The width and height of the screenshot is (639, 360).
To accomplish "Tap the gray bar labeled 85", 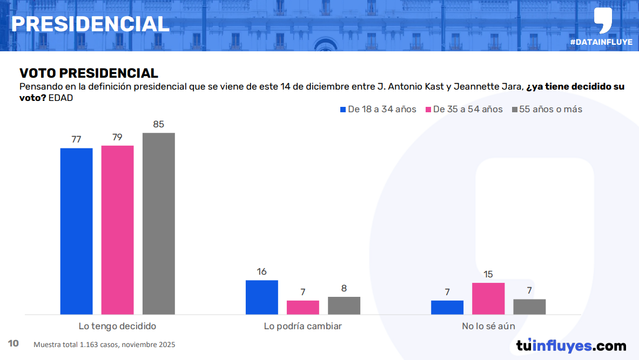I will pyautogui.click(x=158, y=223).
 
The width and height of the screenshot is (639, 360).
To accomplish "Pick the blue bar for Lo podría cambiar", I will pyautogui.click(x=261, y=297).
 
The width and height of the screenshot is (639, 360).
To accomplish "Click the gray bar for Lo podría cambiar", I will pyautogui.click(x=344, y=305).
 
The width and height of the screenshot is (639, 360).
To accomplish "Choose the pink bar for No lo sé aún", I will pyautogui.click(x=488, y=298).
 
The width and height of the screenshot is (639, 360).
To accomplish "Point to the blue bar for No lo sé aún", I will pyautogui.click(x=447, y=307).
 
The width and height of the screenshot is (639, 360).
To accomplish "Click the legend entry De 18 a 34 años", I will pyautogui.click(x=378, y=110).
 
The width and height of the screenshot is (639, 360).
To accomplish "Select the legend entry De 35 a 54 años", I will pyautogui.click(x=464, y=110).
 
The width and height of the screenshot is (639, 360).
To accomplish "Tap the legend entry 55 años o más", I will pyautogui.click(x=547, y=110).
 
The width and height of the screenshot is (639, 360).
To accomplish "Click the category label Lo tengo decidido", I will pyautogui.click(x=117, y=326).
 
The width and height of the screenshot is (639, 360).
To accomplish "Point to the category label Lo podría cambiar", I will pyautogui.click(x=302, y=326).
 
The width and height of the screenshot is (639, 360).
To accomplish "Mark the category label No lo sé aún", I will pyautogui.click(x=488, y=326).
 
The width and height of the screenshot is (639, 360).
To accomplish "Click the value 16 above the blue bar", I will pyautogui.click(x=262, y=271).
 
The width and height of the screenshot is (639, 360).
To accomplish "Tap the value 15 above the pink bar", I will pyautogui.click(x=488, y=274).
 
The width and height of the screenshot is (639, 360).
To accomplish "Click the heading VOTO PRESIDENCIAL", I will pyautogui.click(x=89, y=73).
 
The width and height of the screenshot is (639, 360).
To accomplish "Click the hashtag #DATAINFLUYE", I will pyautogui.click(x=601, y=42).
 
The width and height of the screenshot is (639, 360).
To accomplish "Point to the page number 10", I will pyautogui.click(x=14, y=343).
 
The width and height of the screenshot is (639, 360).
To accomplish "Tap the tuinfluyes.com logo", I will pyautogui.click(x=571, y=345).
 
